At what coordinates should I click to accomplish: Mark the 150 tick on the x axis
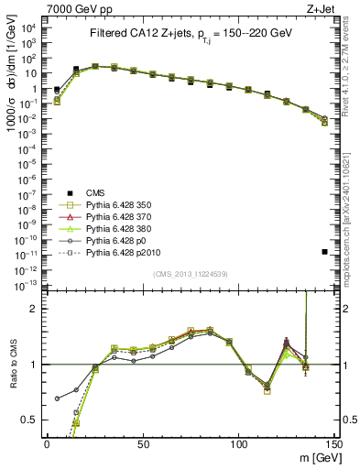click(333, 443)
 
